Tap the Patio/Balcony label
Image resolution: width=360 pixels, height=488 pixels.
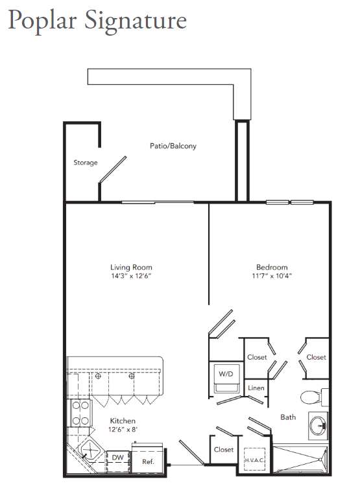point(173,146)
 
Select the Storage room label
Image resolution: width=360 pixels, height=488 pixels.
point(86,163)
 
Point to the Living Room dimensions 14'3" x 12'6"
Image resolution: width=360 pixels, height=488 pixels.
point(131,275)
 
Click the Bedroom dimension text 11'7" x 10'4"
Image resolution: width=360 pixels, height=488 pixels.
point(272,275)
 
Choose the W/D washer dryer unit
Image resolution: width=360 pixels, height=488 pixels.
point(226,377)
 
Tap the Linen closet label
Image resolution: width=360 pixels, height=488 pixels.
point(256,388)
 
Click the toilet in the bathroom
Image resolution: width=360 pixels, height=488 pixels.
point(314,397)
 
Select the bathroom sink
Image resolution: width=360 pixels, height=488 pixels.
point(318,425)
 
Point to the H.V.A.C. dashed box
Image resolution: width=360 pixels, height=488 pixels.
point(254,459)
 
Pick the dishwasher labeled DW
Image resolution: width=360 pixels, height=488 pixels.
point(118,461)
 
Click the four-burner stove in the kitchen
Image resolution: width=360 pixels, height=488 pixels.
point(80,413)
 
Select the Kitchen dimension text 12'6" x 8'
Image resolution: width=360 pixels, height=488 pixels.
point(123,430)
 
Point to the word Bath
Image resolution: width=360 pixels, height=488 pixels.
point(288,417)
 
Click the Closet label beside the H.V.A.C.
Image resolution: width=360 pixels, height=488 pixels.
point(224,449)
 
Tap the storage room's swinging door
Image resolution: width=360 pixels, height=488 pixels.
point(113,169)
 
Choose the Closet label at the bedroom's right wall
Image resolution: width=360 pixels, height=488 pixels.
point(316,357)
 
